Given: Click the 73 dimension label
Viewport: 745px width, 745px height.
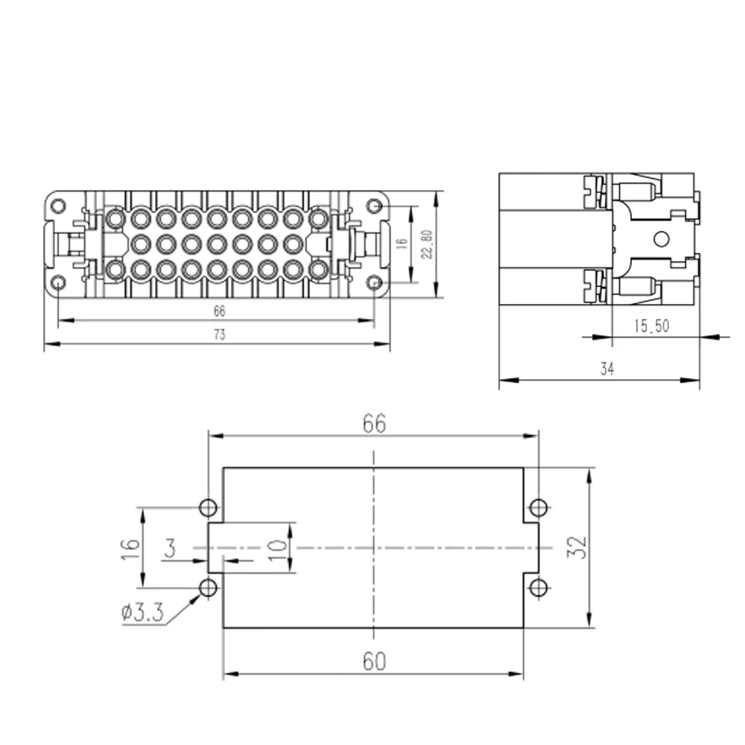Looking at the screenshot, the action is click(219, 335).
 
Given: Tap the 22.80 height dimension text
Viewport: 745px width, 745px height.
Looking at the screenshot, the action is click(427, 244).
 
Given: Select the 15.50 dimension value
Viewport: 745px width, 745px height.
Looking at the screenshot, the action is click(651, 326).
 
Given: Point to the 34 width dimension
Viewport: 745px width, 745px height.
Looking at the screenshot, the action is click(606, 369).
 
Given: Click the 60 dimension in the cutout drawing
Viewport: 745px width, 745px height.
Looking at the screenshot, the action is click(374, 662).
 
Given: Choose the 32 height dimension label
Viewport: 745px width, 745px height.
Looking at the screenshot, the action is click(577, 548).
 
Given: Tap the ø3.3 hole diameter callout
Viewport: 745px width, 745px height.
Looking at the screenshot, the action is click(142, 612).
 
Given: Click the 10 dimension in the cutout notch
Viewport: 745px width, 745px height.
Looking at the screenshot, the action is click(277, 551).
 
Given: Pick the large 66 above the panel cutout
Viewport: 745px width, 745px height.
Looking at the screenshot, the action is click(374, 423).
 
